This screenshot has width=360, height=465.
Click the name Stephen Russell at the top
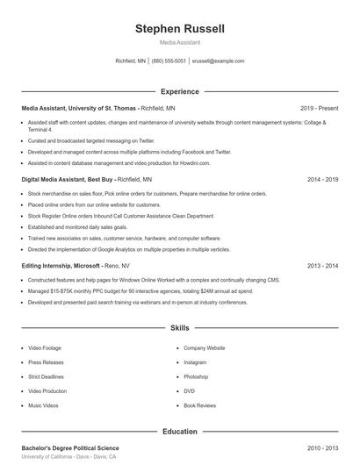(179, 29)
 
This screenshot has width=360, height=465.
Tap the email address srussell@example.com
(218, 61)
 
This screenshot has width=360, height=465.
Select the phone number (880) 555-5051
(169, 61)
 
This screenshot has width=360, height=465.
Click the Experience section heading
(179, 91)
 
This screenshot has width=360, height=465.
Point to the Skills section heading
(179, 328)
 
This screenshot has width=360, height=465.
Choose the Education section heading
(179, 431)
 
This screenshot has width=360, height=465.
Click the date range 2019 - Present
(319, 108)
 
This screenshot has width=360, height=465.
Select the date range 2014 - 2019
(322, 179)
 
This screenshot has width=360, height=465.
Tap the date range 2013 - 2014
(322, 265)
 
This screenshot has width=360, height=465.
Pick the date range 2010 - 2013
(322, 448)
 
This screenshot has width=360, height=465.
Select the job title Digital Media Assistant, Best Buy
(68, 179)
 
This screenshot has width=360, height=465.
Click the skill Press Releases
(45, 362)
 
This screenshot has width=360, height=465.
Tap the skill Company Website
(205, 347)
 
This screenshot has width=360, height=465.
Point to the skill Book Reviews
(199, 405)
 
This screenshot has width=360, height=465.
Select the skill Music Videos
(43, 405)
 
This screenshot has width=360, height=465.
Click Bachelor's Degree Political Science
(70, 448)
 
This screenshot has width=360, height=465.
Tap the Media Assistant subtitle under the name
(179, 42)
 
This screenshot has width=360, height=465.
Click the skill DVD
(189, 391)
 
